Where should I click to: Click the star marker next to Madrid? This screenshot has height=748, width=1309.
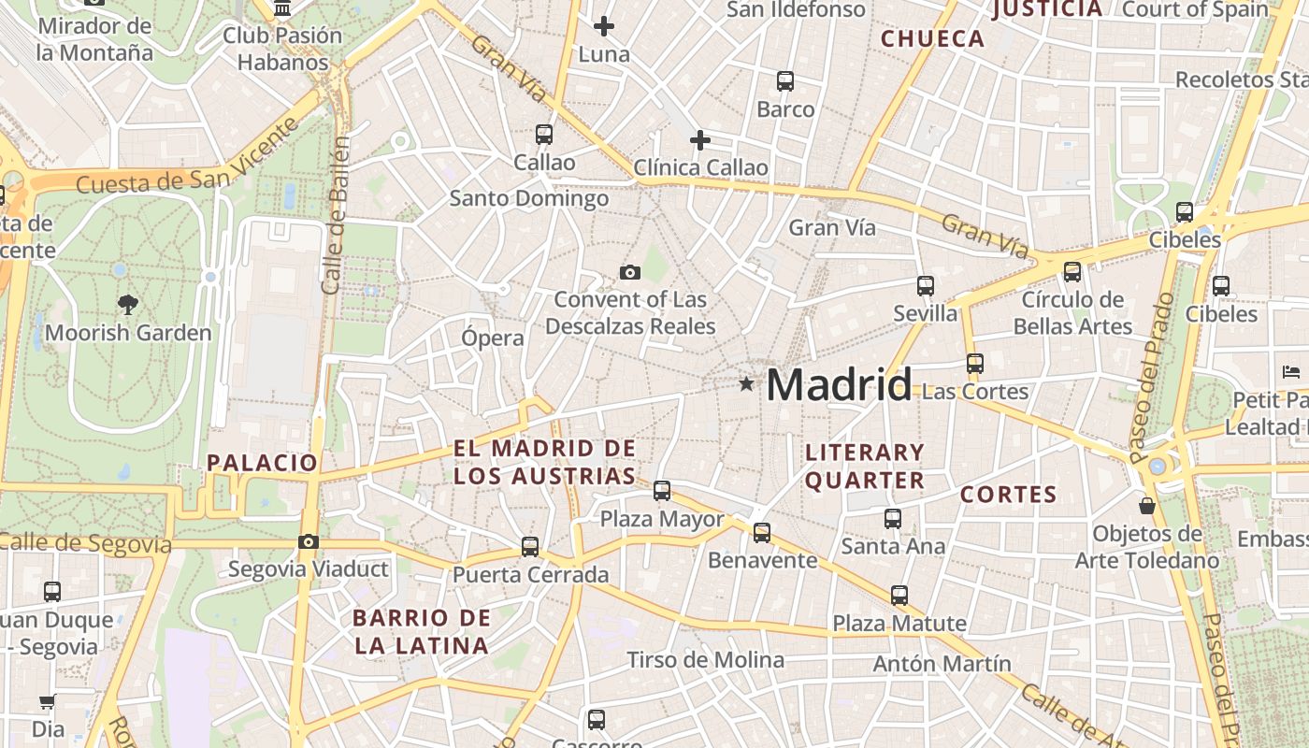(x=746, y=384)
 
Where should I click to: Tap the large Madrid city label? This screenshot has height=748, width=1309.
(x=839, y=384)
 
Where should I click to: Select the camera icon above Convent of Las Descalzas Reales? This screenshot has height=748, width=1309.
(x=630, y=272)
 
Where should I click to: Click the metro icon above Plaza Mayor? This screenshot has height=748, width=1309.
(x=662, y=490)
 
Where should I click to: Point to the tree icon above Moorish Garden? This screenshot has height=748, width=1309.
(x=128, y=303)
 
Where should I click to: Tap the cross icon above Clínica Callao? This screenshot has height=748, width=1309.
(x=699, y=140)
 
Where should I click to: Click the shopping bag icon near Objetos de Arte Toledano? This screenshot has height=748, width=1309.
(x=1147, y=506)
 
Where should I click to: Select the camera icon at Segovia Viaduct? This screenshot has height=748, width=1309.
(x=308, y=541)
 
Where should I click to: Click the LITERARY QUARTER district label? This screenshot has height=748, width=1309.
(x=865, y=467)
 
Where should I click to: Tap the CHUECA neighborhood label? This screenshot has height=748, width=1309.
(x=933, y=39)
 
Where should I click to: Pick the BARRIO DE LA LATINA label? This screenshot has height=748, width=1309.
(x=422, y=631)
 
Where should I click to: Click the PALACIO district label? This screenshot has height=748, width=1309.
(x=263, y=462)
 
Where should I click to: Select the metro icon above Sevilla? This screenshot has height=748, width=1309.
(x=925, y=286)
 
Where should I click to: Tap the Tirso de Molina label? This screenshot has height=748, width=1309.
(x=706, y=660)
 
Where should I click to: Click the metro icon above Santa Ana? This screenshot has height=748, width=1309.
(x=893, y=518)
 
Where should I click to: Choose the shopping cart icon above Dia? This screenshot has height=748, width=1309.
(x=47, y=701)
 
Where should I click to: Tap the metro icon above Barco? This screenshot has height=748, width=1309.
(x=785, y=81)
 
